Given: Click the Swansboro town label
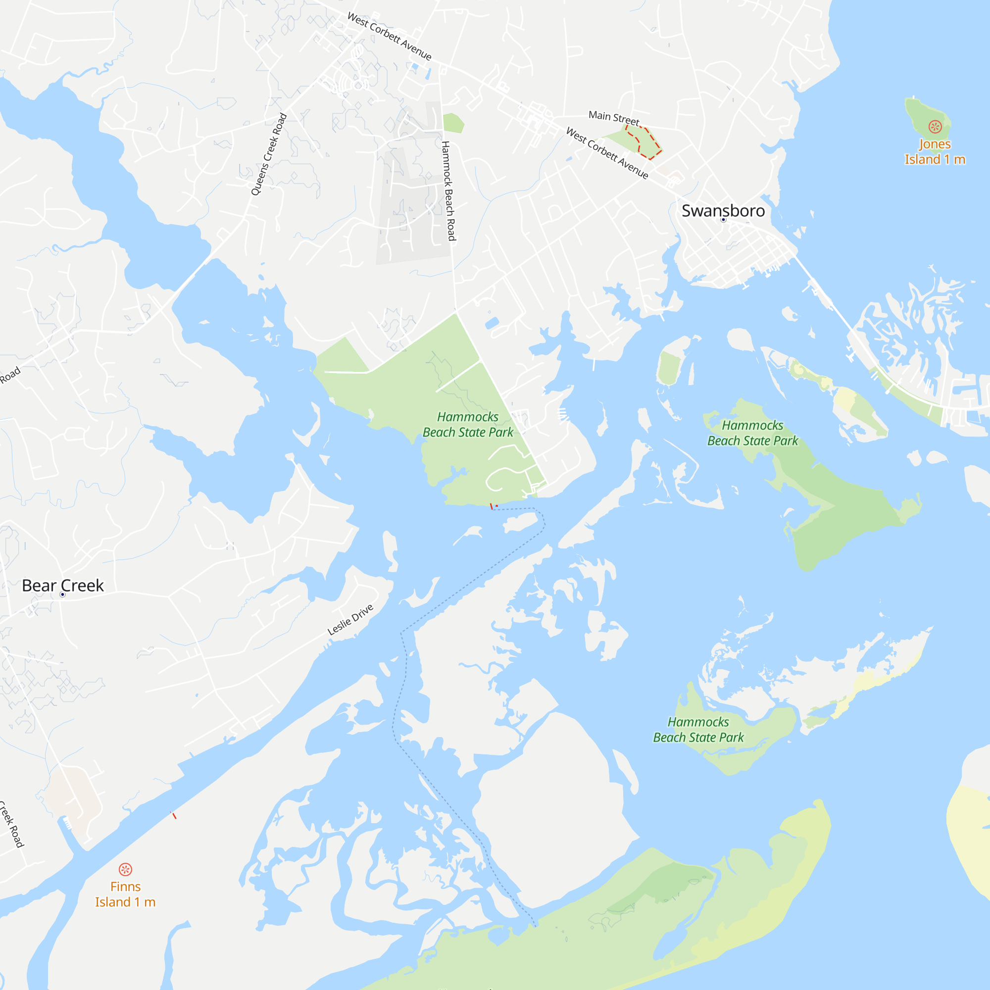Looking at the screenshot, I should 723,210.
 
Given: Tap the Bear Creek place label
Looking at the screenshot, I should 62,585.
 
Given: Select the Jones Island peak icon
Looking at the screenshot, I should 935,127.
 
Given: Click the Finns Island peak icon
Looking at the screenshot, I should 126,870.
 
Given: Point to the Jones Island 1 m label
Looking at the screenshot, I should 935,152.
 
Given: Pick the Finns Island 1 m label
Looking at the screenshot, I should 126,894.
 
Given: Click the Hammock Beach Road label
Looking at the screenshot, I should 448,191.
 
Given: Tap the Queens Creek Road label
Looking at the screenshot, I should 268,154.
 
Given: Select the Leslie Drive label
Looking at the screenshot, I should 350,620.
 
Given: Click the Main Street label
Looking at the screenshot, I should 614,118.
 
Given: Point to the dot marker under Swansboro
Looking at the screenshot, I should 724,220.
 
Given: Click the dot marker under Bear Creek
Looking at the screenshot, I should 62,594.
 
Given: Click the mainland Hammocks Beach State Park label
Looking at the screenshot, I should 468,425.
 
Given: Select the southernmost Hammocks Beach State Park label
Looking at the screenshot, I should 698,730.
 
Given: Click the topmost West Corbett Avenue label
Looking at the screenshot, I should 390,36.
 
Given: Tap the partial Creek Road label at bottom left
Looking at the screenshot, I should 11,825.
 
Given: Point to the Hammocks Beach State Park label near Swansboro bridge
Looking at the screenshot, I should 752,433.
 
